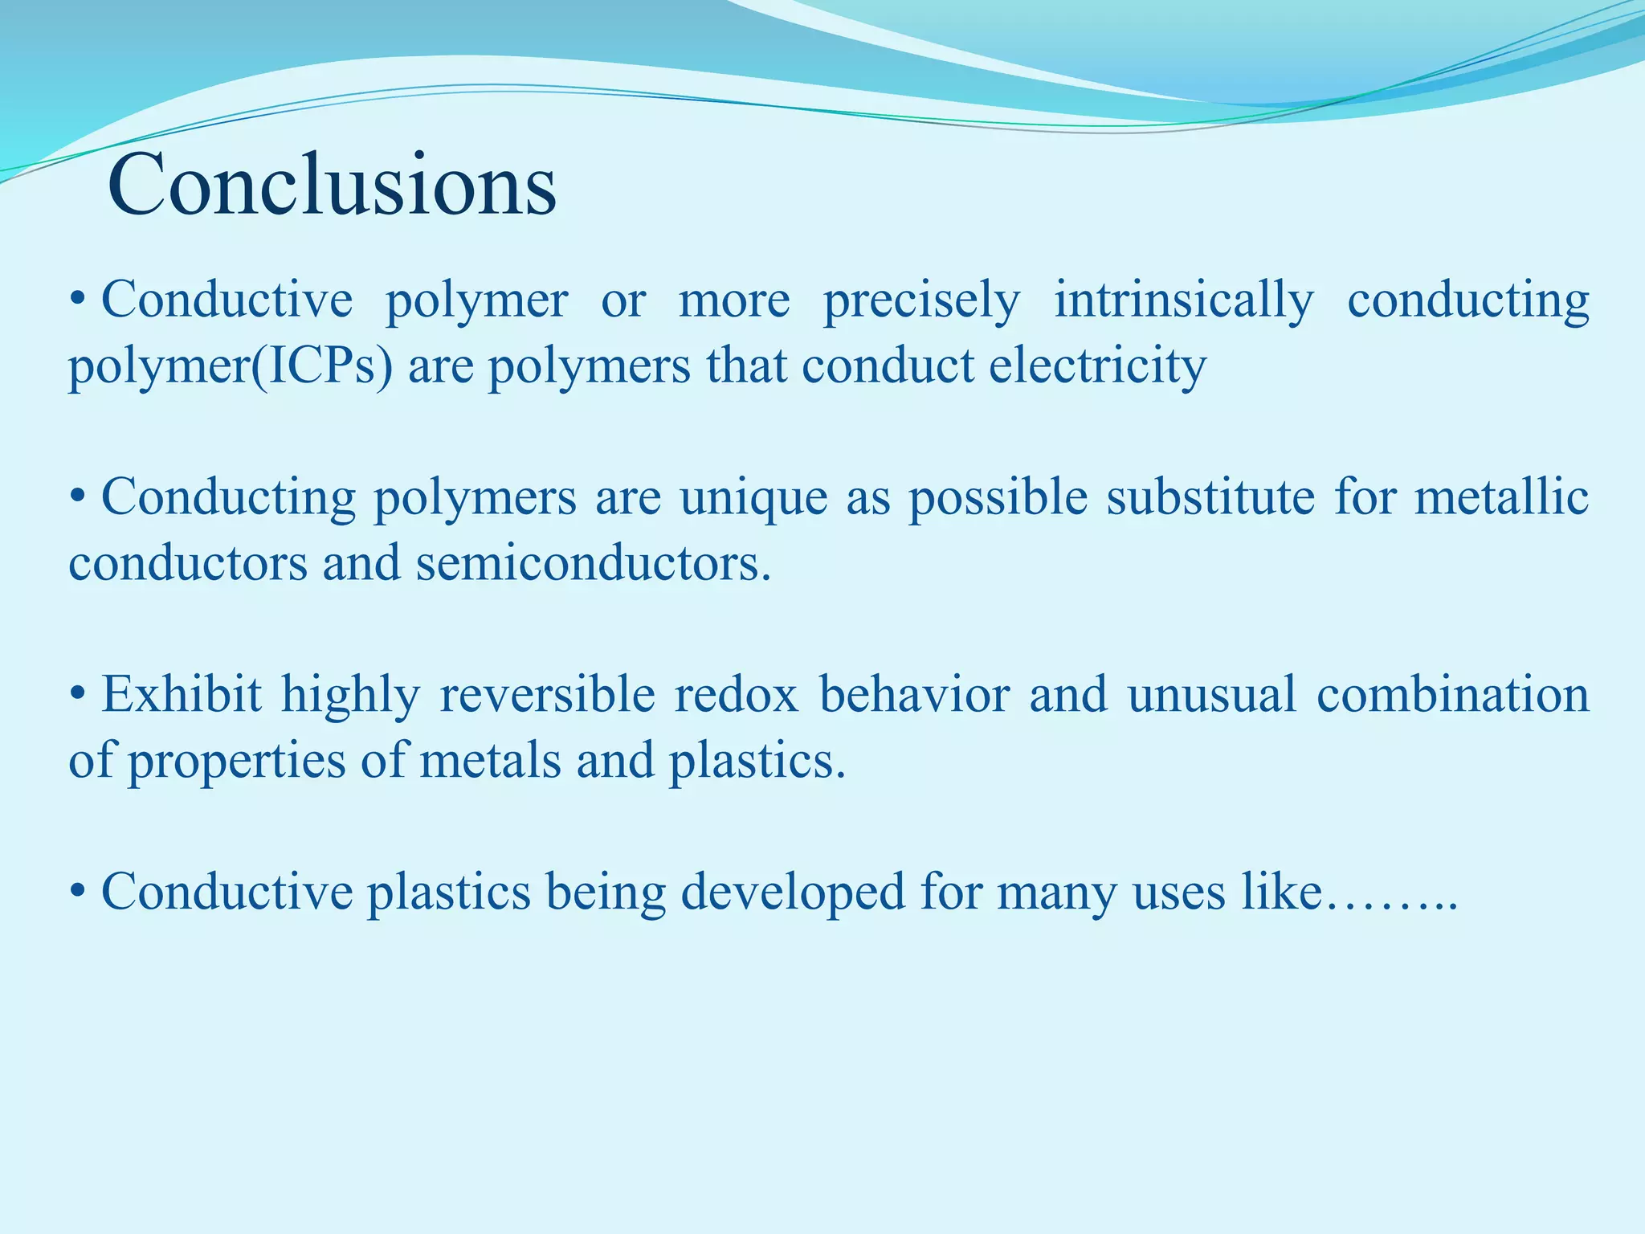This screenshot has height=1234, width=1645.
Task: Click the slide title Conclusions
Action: coord(331,186)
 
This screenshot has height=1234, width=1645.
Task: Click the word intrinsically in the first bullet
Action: coord(1183,300)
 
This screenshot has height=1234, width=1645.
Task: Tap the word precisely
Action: coord(921,300)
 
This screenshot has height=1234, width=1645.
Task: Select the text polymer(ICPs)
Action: coord(231,367)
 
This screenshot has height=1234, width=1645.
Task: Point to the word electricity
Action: coord(1097,366)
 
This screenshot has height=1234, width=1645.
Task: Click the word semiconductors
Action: coord(593,564)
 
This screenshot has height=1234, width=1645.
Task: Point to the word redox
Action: coord(736,695)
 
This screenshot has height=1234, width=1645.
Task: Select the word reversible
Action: coord(547,695)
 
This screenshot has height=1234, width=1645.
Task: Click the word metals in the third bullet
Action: coord(489,761)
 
